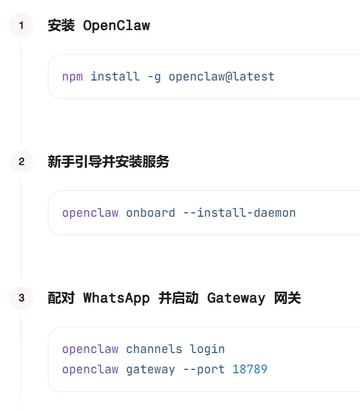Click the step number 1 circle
[21, 25]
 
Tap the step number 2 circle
[21, 162]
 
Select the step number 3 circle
[21, 298]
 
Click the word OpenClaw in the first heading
[116, 26]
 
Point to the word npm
[72, 77]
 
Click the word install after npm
[115, 77]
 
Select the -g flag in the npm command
[154, 77]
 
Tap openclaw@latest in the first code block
[221, 77]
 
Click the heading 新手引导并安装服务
[108, 162]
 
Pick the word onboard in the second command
[150, 213]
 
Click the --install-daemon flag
[239, 213]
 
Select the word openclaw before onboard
[90, 213]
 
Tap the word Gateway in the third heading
[236, 298]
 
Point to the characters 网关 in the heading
[287, 298]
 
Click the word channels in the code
[154, 349]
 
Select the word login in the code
[207, 349]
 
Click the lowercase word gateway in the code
[150, 369]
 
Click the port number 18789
[250, 369]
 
